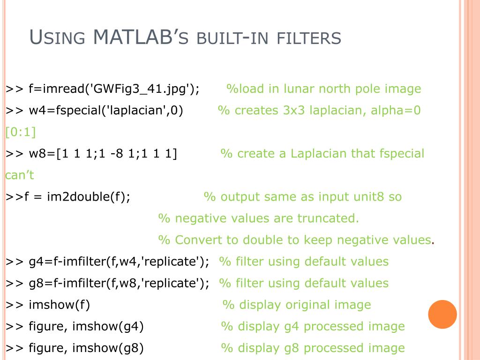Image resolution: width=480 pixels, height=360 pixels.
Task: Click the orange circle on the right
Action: pyautogui.click(x=442, y=314)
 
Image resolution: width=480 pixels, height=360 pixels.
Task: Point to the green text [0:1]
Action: pyautogui.click(x=21, y=132)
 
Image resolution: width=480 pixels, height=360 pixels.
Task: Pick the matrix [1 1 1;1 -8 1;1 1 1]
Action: pyautogui.click(x=117, y=154)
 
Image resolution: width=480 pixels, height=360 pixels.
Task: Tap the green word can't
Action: pyautogui.click(x=20, y=175)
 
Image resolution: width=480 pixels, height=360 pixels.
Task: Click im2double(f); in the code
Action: pyautogui.click(x=89, y=197)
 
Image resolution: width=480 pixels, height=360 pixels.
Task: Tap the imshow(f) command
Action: pyautogui.click(x=59, y=305)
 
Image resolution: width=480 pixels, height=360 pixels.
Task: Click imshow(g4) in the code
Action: pyautogui.click(x=108, y=326)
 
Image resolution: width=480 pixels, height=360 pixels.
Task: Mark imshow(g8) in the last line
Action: pyautogui.click(x=108, y=348)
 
